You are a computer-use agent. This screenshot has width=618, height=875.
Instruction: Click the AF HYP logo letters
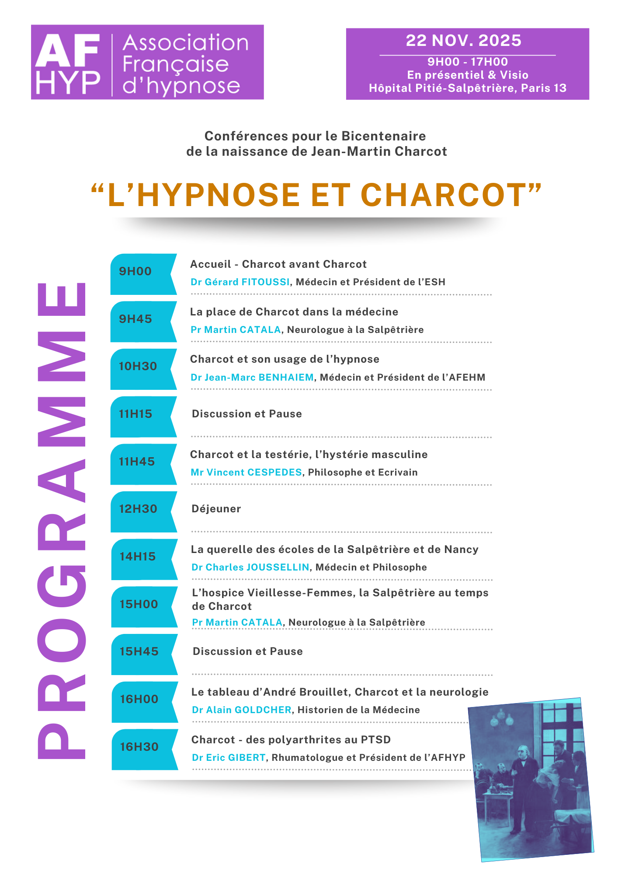click(68, 63)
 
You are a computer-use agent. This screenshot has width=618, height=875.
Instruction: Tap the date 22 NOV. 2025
click(463, 41)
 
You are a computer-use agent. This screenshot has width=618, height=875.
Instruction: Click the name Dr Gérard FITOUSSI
click(240, 282)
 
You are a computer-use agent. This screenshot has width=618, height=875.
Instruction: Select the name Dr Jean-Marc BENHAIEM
click(252, 378)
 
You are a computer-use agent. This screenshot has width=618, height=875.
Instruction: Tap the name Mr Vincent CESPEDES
click(246, 472)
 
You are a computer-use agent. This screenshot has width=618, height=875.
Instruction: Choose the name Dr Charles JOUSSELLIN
click(250, 567)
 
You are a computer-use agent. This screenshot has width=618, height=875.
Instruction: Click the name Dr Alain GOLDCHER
click(242, 710)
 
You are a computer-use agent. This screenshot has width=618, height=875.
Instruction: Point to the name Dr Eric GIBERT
click(229, 758)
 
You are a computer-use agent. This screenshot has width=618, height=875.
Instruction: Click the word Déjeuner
click(216, 509)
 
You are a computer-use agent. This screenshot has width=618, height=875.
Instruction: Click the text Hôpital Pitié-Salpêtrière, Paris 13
click(468, 88)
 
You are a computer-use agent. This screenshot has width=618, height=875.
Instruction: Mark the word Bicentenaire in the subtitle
click(383, 136)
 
